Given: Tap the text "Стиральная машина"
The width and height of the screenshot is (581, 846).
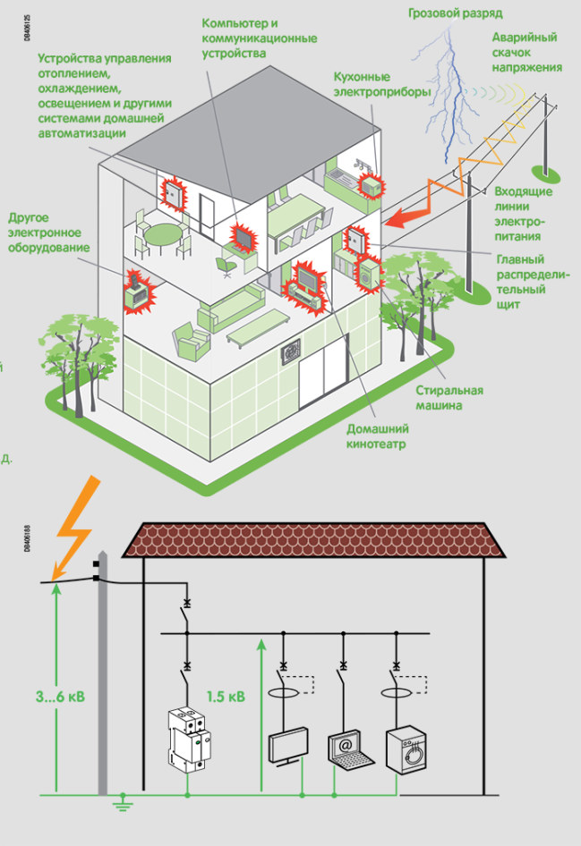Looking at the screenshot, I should click(449, 398).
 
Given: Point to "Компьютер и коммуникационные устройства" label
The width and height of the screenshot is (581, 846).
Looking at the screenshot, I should click(260, 37).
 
